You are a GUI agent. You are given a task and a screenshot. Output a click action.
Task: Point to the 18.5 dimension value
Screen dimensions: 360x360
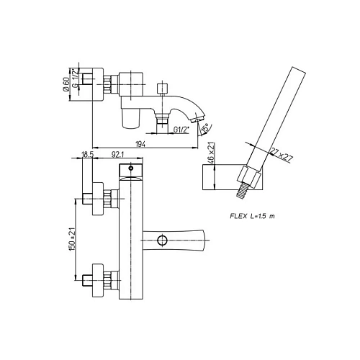(x=88, y=154)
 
